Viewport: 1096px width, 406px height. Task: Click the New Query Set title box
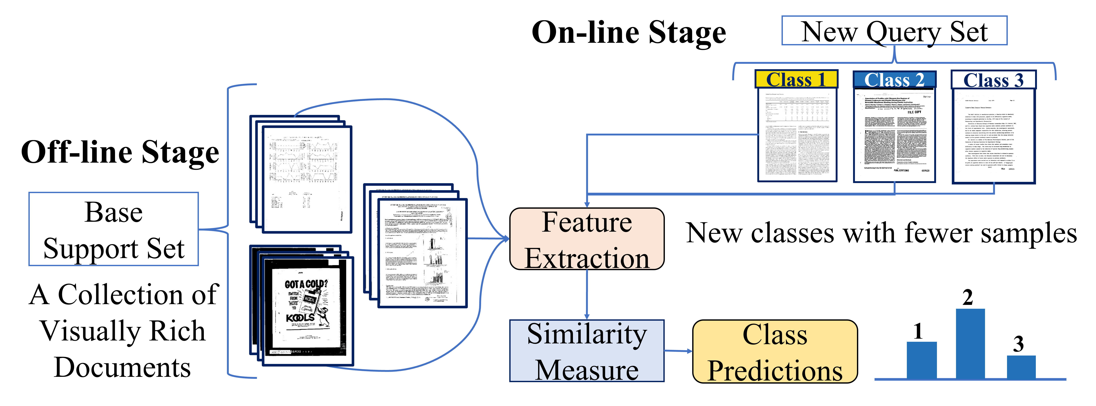894,31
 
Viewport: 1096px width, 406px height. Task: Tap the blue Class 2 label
894,80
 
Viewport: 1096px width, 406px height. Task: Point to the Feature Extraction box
587,239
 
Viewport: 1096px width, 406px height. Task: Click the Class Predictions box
775,351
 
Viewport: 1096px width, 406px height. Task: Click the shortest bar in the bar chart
1021,367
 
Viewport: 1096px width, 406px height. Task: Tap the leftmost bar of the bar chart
922,360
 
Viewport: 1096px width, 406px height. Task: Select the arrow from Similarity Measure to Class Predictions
679,351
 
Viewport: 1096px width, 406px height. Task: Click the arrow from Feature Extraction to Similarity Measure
587,295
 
